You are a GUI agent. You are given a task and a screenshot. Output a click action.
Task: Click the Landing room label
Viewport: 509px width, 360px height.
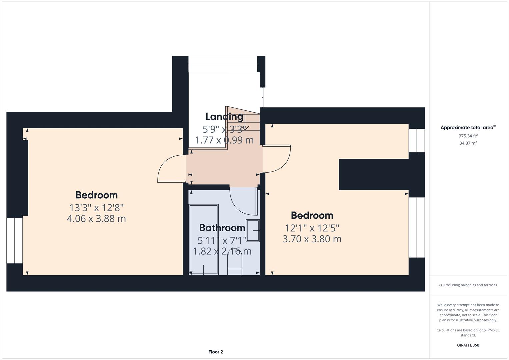224,117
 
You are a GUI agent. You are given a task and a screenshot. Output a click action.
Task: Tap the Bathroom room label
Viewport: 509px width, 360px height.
222,228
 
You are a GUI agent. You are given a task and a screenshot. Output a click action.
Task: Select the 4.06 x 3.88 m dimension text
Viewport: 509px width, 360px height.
96,219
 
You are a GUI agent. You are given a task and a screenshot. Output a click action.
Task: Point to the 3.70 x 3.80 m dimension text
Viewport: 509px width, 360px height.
312,239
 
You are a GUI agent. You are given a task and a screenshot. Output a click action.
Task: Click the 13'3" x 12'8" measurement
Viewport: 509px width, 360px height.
96,208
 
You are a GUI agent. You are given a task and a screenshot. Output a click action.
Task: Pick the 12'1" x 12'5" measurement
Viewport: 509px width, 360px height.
312,228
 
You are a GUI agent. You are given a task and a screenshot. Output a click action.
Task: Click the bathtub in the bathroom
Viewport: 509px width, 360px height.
204,239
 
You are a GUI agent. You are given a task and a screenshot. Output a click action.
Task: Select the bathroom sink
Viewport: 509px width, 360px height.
252,230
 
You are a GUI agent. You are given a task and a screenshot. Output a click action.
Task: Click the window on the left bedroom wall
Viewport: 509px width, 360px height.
15,240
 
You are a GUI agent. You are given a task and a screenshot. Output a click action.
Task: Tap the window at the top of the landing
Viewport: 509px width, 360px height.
223,64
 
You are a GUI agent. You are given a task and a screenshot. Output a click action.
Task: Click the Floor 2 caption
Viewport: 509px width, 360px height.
216,352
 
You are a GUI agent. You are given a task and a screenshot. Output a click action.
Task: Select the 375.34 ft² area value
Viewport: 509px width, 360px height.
468,136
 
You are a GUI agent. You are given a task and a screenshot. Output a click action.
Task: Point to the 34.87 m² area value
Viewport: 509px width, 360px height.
468,143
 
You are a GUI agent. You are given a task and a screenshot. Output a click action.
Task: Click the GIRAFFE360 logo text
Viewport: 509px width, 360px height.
468,345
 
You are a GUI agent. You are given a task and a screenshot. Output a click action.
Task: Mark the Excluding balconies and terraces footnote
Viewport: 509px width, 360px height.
468,285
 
